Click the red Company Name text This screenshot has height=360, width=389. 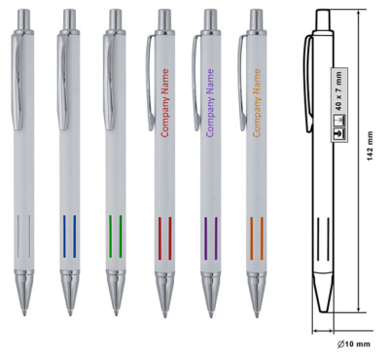pos(165,103)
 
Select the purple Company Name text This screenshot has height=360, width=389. pos(210,103)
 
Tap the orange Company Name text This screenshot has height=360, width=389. pos(257,103)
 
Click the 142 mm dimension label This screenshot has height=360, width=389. pos(371,146)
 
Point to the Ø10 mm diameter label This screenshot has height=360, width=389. pos(353,344)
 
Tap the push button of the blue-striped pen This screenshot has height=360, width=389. pos(69,19)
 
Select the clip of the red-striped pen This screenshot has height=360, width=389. pos(150,84)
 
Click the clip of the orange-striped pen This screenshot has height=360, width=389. pos(241,84)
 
